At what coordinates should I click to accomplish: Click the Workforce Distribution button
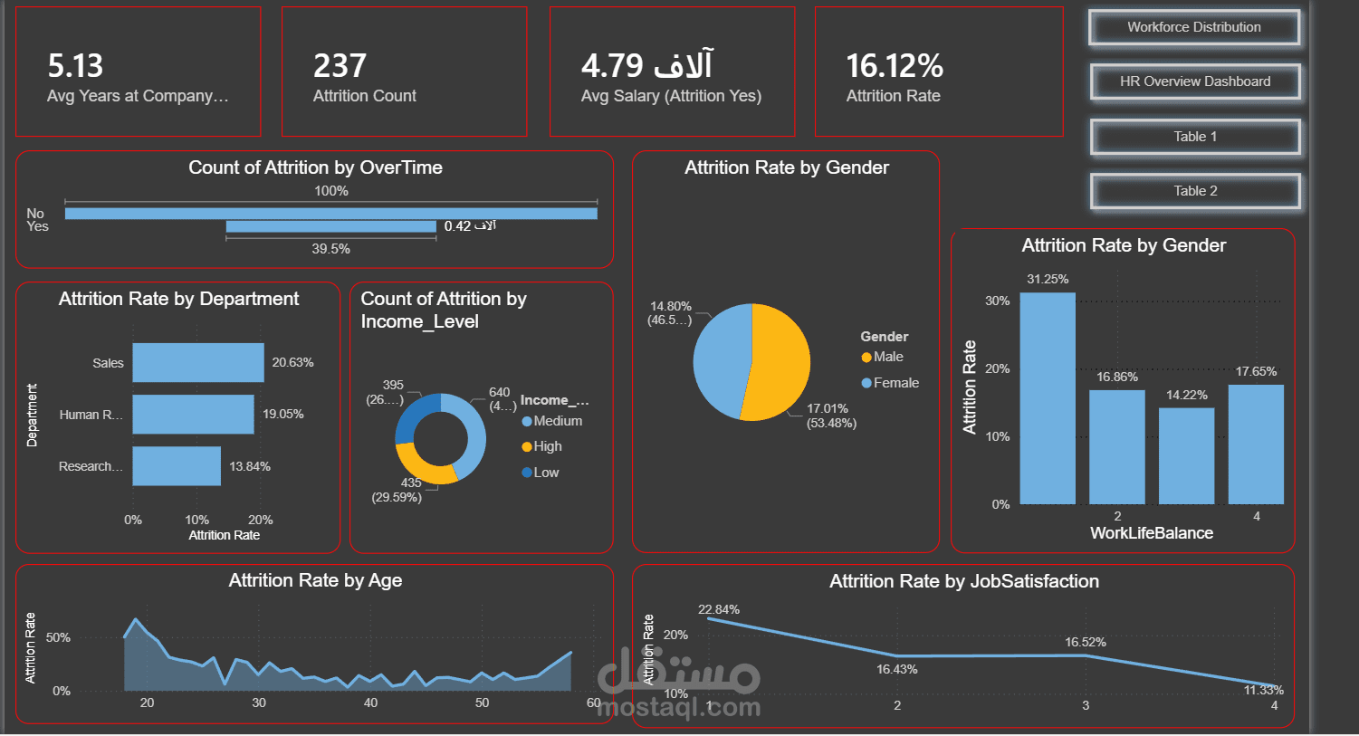(x=1193, y=27)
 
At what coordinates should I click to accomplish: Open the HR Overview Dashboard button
(x=1194, y=81)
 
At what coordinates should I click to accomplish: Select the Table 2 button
(x=1194, y=191)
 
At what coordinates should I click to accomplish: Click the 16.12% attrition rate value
(x=894, y=66)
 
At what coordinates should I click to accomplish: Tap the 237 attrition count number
(x=340, y=66)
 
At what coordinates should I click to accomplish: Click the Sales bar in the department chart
(x=197, y=362)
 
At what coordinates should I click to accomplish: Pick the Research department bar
(x=177, y=465)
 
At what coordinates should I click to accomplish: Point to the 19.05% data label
(x=282, y=414)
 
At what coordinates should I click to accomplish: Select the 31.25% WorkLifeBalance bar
(x=1047, y=398)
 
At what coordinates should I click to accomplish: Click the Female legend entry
(x=895, y=383)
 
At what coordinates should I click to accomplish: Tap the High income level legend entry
(x=546, y=446)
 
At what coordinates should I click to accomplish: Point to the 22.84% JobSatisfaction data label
(x=718, y=609)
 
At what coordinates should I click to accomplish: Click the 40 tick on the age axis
(x=370, y=703)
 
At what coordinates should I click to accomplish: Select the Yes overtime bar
(x=330, y=226)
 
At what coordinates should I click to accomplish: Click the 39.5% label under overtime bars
(x=330, y=249)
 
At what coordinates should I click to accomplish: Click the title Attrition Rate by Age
(x=315, y=580)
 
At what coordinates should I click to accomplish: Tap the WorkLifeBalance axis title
(x=1151, y=533)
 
